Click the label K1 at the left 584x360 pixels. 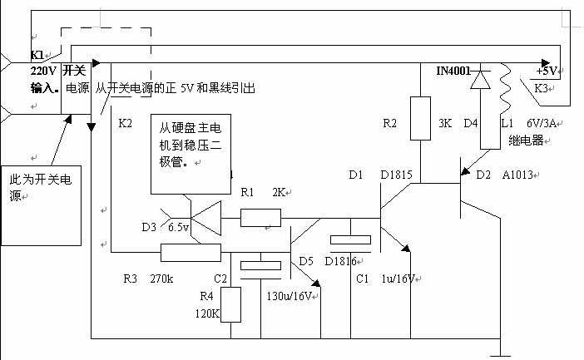coord(37,55)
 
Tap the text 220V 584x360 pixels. coord(42,72)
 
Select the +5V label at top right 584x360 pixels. coord(550,70)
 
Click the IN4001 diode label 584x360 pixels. coord(455,71)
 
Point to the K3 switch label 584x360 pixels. coord(541,87)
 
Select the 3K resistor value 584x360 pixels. coord(446,125)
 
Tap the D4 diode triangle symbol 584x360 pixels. coord(480,81)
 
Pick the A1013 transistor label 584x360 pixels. coord(520,175)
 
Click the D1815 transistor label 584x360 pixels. coord(397,175)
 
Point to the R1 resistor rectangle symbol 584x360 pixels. coord(260,218)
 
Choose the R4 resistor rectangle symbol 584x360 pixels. coord(230,304)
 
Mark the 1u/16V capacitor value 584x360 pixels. coord(398,278)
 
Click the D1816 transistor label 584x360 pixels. coord(341,261)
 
